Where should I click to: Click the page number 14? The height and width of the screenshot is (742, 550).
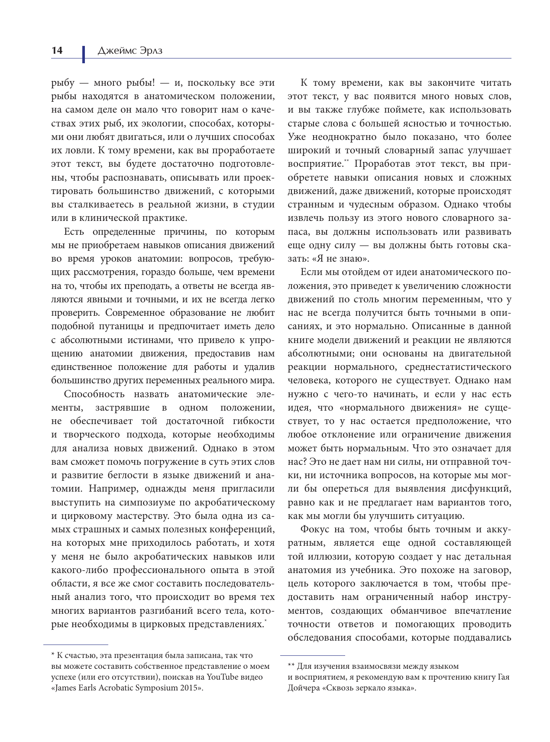point(57,51)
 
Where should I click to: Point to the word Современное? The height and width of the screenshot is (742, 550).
point(134,313)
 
